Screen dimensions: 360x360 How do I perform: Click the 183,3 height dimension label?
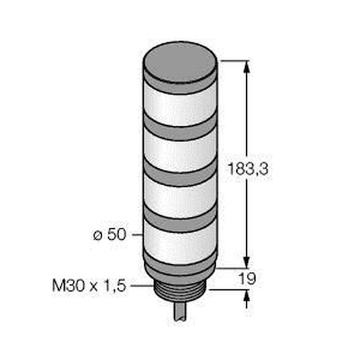[x=248, y=169]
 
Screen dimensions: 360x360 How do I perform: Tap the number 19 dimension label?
[x=247, y=278]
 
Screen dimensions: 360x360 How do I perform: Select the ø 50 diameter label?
[x=110, y=234]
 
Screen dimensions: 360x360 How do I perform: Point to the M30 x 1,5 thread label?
[x=89, y=285]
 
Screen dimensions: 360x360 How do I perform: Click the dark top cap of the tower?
[x=180, y=62]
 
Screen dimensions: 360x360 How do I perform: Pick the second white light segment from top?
[x=180, y=152]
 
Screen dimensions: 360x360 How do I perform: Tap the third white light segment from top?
[x=180, y=198]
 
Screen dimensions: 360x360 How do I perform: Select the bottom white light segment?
[x=180, y=243]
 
